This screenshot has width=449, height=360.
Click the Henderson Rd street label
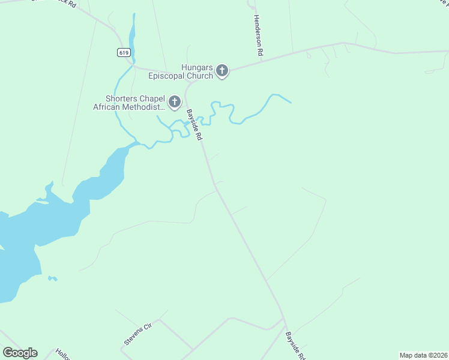(258, 36)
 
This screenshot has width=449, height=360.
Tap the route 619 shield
(123, 52)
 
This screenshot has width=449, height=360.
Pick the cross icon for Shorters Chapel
(175, 103)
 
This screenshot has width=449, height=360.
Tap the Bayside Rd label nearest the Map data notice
(295, 345)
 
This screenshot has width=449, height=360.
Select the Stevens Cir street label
(139, 334)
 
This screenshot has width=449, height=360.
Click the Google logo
(20, 353)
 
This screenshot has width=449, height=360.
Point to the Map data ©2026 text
(423, 355)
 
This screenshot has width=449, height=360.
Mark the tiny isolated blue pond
(53, 278)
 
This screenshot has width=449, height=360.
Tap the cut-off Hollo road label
(62, 354)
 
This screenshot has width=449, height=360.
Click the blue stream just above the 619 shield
(131, 33)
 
